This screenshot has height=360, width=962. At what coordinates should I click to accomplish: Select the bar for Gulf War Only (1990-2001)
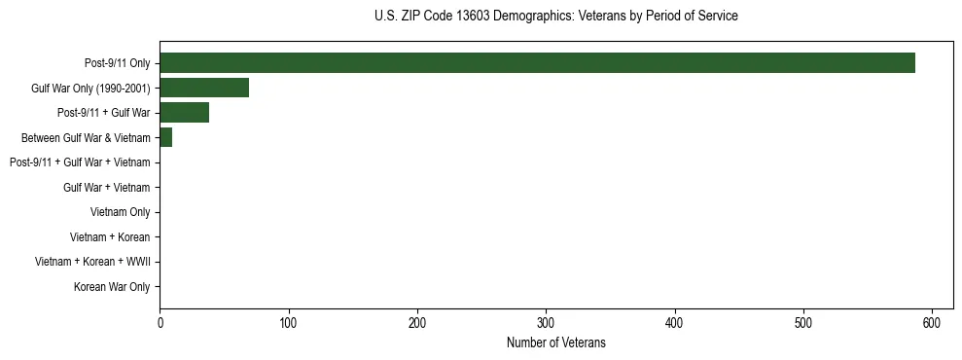204,88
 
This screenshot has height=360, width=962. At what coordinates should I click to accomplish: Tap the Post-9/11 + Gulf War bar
184,113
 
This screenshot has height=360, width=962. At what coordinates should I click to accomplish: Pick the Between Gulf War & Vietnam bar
165,138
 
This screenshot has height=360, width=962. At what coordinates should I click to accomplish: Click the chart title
555,17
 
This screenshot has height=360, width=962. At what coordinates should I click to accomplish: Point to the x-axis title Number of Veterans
555,342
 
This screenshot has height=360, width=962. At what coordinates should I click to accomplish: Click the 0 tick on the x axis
160,323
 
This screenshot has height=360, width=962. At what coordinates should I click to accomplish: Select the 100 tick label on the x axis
288,323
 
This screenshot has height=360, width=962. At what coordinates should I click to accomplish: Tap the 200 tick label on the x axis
417,323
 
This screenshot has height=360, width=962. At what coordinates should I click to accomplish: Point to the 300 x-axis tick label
546,323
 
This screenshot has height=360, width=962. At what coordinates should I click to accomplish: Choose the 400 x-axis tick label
675,323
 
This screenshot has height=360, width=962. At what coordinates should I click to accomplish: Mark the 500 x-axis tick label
803,323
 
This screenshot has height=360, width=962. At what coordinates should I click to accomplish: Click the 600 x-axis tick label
932,323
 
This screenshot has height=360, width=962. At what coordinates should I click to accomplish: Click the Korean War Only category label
112,287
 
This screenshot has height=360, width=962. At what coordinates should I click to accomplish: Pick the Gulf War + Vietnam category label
106,188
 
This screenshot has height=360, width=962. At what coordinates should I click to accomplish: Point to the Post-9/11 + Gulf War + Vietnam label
80,162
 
